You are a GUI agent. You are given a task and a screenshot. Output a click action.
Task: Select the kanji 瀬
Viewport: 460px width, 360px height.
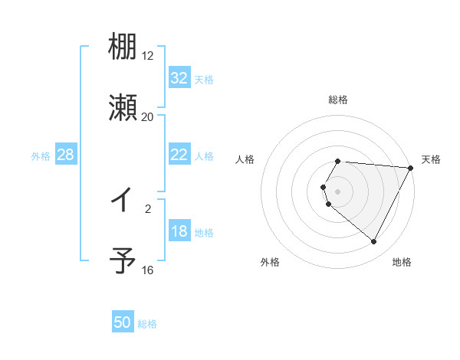123,107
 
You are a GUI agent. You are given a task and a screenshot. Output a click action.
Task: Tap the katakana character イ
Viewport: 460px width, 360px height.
123,201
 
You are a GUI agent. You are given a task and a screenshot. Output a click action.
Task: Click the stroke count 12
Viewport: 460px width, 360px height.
148,56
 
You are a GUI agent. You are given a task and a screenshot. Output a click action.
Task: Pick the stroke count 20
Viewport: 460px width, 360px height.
148,116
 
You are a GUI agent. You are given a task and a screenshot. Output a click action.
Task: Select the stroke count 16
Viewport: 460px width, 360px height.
148,270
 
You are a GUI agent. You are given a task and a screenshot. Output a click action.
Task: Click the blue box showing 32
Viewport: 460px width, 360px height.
179,78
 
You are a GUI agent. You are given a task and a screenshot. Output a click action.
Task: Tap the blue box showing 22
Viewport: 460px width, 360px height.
179,155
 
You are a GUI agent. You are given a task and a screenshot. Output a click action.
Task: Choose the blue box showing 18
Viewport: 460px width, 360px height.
179,232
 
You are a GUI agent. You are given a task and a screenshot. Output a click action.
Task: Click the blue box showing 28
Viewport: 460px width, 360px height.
66,155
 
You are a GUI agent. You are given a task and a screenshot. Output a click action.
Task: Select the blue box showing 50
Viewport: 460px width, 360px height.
123,323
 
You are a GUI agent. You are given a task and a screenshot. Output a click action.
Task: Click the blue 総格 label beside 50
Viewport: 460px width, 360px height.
147,324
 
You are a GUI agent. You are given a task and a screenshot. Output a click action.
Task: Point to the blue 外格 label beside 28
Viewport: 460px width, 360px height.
41,156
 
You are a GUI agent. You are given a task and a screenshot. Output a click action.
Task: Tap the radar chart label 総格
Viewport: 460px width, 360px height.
338,100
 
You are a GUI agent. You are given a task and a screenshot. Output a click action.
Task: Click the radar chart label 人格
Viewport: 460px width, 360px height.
245,159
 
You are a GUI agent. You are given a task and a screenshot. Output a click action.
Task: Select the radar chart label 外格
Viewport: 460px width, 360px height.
270,262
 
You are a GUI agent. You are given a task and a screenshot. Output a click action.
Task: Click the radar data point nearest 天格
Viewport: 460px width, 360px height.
411,168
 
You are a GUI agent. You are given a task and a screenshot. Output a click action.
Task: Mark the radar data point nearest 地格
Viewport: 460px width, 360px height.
374,242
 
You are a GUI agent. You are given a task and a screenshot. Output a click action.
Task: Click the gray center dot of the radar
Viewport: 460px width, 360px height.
338,191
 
